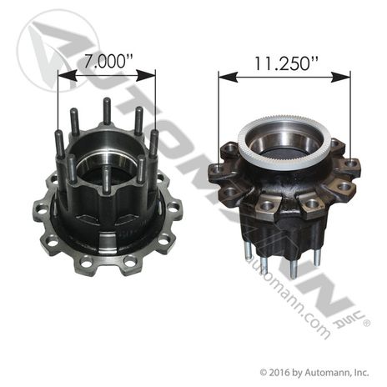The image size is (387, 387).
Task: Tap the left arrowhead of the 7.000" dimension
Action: point(67,76)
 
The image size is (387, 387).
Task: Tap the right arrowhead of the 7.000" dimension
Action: point(146,76)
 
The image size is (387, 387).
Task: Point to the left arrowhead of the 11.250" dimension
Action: point(229,77)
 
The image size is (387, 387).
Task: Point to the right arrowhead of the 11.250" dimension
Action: point(340,77)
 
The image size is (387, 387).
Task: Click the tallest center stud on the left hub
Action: point(106,111)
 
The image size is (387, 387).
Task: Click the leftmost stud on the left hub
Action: point(59,144)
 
